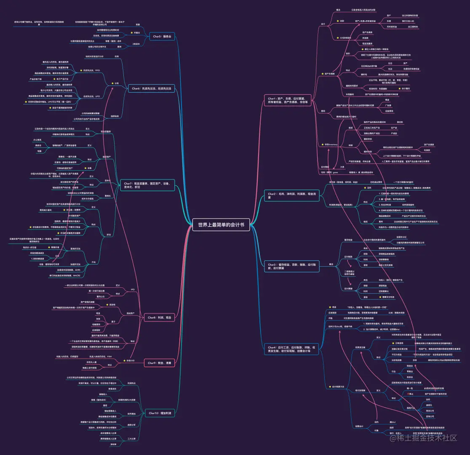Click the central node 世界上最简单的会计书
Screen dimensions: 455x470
click(x=221, y=225)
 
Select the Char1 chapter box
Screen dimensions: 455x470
click(x=288, y=102)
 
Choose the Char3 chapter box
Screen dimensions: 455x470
click(x=288, y=266)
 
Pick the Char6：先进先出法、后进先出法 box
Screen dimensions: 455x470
click(x=152, y=88)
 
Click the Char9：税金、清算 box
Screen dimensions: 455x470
click(x=160, y=363)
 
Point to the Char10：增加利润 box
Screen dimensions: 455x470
click(x=160, y=413)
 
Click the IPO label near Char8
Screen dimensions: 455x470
click(x=133, y=290)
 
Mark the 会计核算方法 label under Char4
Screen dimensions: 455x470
click(x=338, y=387)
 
